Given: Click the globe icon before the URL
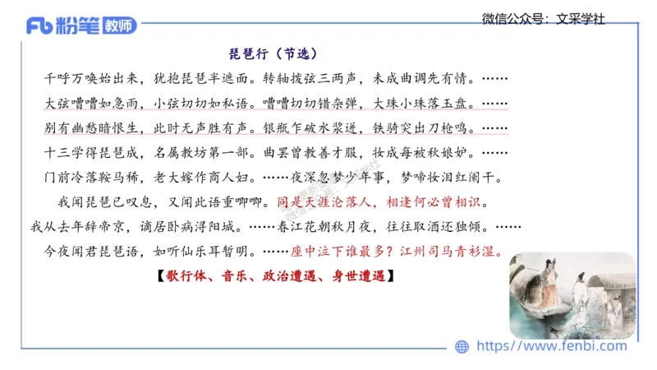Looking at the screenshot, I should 462,346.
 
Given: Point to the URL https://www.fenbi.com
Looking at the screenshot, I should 551,346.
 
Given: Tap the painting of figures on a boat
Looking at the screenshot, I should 572,295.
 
